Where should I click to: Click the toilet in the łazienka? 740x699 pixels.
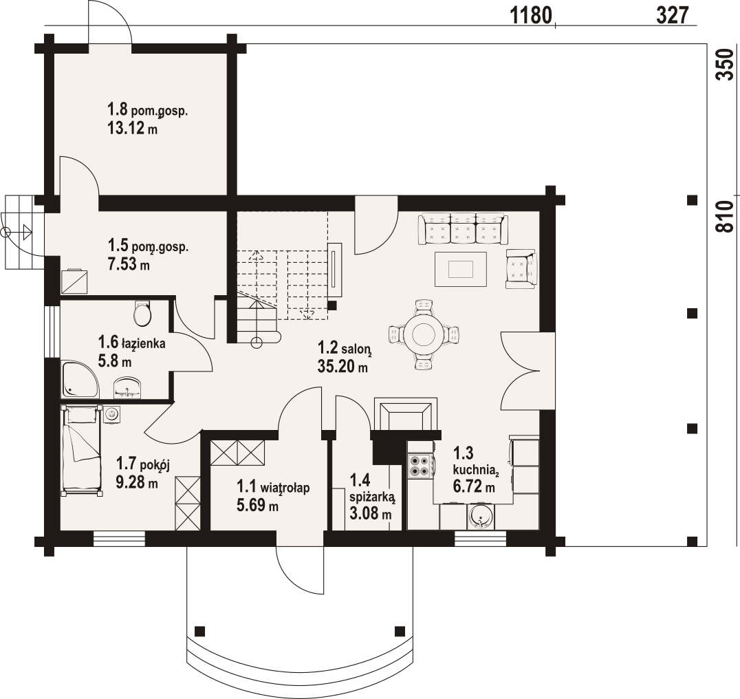(x=142, y=312)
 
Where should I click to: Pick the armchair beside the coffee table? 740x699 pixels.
(x=521, y=268)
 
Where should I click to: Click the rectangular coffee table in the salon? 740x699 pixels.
(x=461, y=269)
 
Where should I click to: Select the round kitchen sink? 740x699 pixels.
(x=481, y=517)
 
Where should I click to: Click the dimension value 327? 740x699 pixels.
(x=673, y=16)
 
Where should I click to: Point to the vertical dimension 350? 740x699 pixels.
(x=726, y=65)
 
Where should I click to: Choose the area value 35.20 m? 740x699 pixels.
(x=343, y=366)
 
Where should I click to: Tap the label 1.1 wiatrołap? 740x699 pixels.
(x=273, y=486)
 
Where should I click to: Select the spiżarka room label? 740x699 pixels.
(x=373, y=497)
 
